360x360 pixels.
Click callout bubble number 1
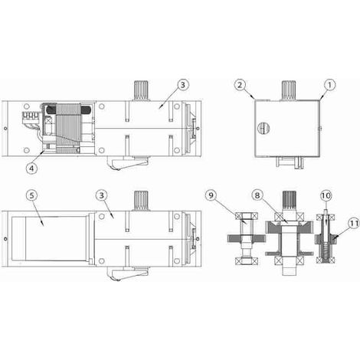pos(329,85)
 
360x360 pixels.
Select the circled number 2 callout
pos(240,85)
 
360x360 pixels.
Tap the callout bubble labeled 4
pos(31,169)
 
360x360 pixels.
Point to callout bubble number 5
pos(31,195)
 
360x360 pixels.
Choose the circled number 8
pos(257,195)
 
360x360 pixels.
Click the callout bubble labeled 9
pos(211,195)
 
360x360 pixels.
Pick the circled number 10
pos(326,195)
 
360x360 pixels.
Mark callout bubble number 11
pos(354,224)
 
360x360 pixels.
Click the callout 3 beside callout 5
pos(102,195)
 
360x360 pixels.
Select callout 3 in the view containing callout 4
pos(183,85)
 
